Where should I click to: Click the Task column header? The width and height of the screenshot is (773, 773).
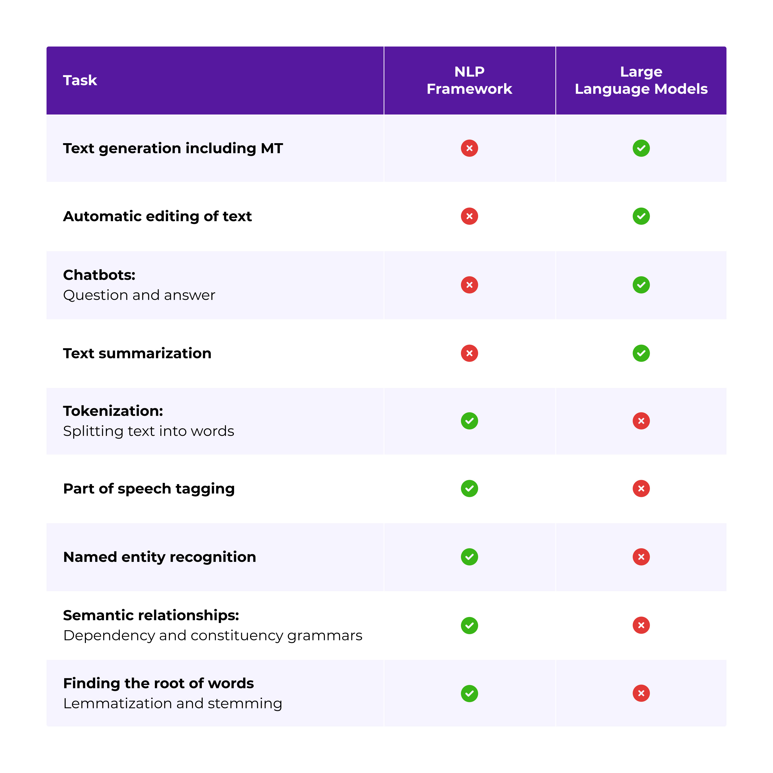pyautogui.click(x=80, y=80)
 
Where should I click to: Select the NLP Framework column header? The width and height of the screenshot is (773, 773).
pyautogui.click(x=469, y=80)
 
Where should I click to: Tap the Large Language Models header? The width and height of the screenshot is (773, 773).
pyautogui.click(x=641, y=80)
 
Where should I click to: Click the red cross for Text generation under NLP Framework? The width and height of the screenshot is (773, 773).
pyautogui.click(x=469, y=148)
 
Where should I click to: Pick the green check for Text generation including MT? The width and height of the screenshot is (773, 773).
pyautogui.click(x=641, y=148)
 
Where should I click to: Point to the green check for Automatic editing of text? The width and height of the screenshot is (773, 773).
pyautogui.click(x=641, y=216)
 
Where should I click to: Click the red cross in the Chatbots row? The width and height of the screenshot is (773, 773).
pyautogui.click(x=469, y=285)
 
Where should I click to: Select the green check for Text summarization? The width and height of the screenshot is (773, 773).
pyautogui.click(x=641, y=353)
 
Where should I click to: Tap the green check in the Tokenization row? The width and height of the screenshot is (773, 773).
pyautogui.click(x=469, y=421)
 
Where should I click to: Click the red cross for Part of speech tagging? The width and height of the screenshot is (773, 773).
pyautogui.click(x=641, y=489)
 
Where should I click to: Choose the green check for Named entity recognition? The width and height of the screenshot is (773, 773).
pyautogui.click(x=469, y=557)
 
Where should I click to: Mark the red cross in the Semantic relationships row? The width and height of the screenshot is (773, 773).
pyautogui.click(x=641, y=625)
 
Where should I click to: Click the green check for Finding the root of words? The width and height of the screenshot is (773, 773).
pyautogui.click(x=469, y=693)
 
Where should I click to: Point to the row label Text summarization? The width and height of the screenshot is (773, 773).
pyautogui.click(x=137, y=354)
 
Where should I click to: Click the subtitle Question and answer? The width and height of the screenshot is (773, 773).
pyautogui.click(x=139, y=295)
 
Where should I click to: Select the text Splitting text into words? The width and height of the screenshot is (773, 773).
pyautogui.click(x=148, y=431)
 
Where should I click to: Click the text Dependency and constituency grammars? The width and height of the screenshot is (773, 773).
pyautogui.click(x=212, y=636)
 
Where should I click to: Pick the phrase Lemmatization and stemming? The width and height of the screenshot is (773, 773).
pyautogui.click(x=172, y=704)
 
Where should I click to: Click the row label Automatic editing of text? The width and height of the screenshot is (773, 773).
pyautogui.click(x=158, y=216)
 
